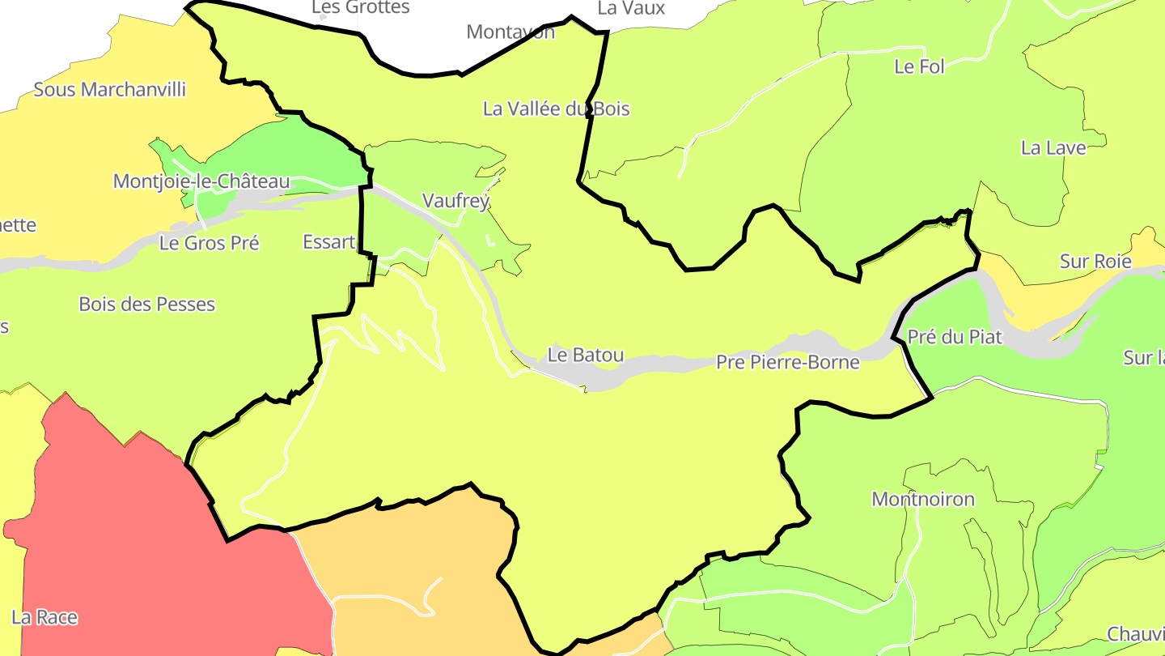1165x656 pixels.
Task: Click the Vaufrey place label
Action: click(x=456, y=201)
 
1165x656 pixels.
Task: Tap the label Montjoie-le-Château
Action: click(x=201, y=181)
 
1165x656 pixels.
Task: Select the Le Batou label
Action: click(x=586, y=355)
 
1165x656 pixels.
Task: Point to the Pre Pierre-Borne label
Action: click(x=787, y=362)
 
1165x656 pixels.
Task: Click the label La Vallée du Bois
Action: click(x=556, y=109)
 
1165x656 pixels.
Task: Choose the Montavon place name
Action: click(x=510, y=32)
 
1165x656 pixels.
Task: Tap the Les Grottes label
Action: click(x=360, y=8)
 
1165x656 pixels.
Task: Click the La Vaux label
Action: click(x=631, y=8)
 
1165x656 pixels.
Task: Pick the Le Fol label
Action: click(x=919, y=66)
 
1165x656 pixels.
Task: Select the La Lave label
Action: click(x=1053, y=147)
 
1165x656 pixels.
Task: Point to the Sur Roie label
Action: click(x=1095, y=261)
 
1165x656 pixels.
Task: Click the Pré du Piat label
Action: click(x=955, y=337)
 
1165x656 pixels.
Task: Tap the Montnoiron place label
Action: click(x=923, y=499)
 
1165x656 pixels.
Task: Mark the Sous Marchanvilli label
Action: click(x=109, y=89)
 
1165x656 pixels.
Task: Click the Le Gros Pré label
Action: click(x=209, y=242)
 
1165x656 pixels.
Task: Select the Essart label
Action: click(x=328, y=241)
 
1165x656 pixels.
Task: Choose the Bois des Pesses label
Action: click(x=146, y=305)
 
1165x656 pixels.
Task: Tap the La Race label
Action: click(x=44, y=617)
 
